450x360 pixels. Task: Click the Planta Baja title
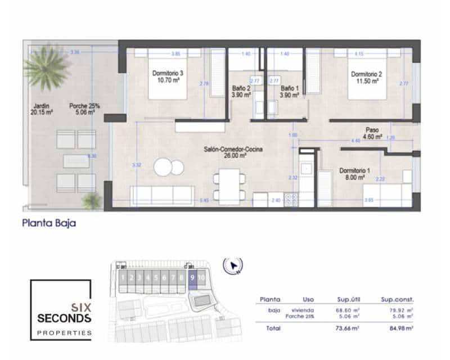pos(48,223)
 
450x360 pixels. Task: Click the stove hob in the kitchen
pos(291,199)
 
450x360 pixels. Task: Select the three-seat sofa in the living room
pos(162,196)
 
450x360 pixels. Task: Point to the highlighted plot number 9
pos(192,277)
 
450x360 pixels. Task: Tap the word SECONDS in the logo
pos(64,318)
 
